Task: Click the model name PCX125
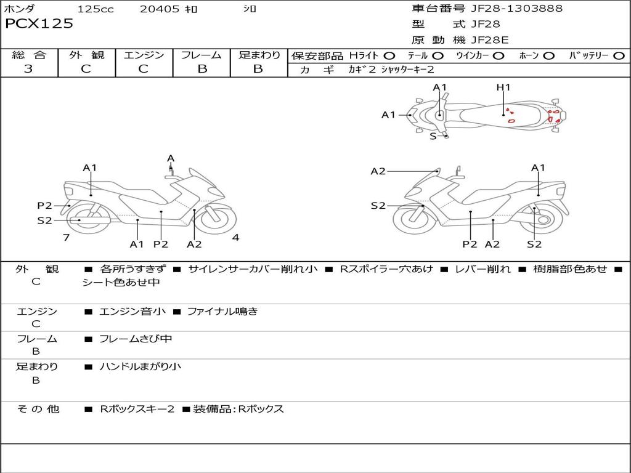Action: [39, 24]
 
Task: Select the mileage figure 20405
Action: [160, 9]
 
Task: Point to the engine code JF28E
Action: [490, 40]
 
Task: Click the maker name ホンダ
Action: [20, 9]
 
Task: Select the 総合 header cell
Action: [29, 55]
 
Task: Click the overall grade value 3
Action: [28, 69]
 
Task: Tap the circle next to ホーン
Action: [549, 56]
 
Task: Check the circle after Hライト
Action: [389, 56]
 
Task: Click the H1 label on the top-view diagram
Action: [503, 87]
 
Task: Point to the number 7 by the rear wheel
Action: [66, 237]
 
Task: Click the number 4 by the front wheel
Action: [235, 238]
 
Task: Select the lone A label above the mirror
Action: [171, 159]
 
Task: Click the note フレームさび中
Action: [136, 339]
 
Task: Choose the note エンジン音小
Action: [132, 312]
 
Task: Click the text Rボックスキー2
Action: [137, 409]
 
